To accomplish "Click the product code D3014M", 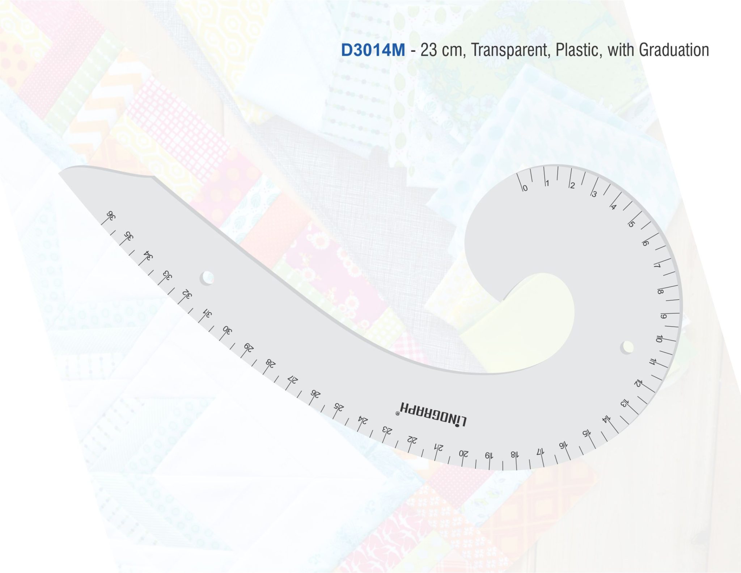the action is pos(373,50).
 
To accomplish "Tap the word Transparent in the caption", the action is pos(511,50).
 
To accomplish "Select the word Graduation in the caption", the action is pos(674,50).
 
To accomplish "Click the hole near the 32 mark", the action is pos(207,279).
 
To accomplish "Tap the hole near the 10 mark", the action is pos(627,347).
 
